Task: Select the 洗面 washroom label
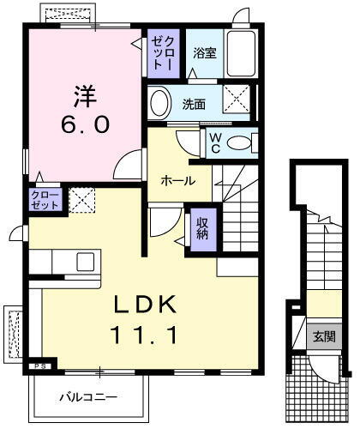[x=194, y=105]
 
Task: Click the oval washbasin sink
[x=159, y=103]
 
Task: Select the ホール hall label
[x=178, y=181]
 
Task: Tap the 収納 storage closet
[x=202, y=229]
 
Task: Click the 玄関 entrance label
[x=323, y=335]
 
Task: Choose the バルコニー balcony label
[x=87, y=396]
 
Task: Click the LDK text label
[x=145, y=305]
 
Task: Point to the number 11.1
[x=145, y=335]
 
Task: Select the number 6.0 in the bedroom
[x=83, y=125]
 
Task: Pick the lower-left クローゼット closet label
[x=45, y=202]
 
